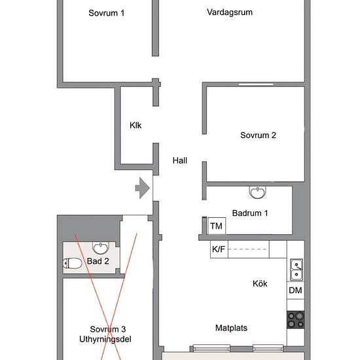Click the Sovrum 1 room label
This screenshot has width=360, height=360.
tap(107, 13)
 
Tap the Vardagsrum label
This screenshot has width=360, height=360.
tap(230, 12)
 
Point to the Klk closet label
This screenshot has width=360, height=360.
tap(135, 126)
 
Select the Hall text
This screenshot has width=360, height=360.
tap(180, 160)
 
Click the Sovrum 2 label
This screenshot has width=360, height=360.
tap(258, 135)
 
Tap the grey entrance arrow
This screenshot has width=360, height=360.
tap(143, 189)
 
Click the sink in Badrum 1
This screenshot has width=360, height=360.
tap(258, 192)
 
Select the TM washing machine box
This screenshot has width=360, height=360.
tap(216, 226)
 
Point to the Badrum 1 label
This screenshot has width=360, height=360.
tap(250, 213)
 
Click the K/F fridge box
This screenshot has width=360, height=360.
tap(219, 249)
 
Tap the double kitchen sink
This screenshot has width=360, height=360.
tap(297, 270)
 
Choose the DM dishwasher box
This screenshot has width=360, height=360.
tap(295, 291)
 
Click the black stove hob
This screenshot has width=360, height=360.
tap(296, 320)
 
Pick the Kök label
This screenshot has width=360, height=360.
tap(260, 283)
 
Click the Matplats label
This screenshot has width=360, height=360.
tap(231, 328)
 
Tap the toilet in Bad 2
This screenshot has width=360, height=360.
tap(72, 263)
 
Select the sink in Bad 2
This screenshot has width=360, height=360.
tap(101, 247)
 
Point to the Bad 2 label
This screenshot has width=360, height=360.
tap(98, 261)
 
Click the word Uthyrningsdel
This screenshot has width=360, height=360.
tap(105, 339)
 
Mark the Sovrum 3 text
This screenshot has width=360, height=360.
tap(108, 329)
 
